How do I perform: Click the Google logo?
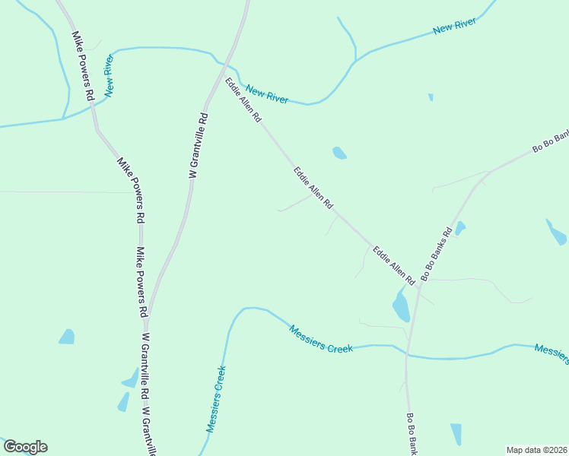(x=25, y=447)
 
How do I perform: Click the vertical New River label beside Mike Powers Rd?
(x=111, y=76)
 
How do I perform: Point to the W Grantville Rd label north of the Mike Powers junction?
(x=199, y=145)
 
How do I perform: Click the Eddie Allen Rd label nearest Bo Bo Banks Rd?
(x=393, y=265)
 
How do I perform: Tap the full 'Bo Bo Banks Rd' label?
(x=437, y=252)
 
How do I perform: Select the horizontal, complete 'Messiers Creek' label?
(x=321, y=339)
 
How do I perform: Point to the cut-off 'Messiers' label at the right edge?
(x=551, y=353)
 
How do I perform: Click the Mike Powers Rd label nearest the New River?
(x=82, y=66)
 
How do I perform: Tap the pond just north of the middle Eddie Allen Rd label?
(x=339, y=154)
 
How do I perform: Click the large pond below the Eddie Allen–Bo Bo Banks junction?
(x=401, y=306)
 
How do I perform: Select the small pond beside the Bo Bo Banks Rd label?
(x=459, y=228)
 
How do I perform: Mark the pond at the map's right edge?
(x=556, y=232)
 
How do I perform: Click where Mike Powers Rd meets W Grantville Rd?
(x=148, y=318)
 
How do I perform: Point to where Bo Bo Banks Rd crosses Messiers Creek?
(x=407, y=354)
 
